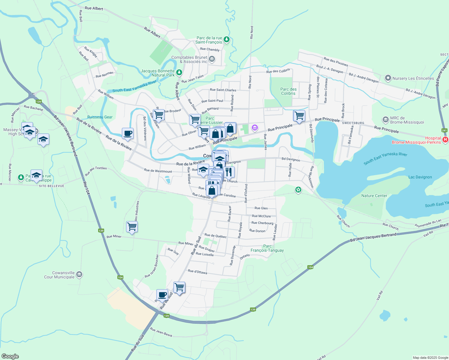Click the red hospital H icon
445,139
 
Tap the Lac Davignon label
420,177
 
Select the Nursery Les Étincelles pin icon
388,78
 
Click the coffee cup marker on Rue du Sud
162,294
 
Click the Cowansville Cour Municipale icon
79,274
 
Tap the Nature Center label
374,196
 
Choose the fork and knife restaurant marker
229,172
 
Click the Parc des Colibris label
288,91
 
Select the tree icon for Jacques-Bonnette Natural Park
179,72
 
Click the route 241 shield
444,130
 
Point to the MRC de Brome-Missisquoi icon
386,120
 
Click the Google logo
10,356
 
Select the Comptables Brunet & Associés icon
212,59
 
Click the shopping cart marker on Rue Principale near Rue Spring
299,115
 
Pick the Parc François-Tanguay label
267,248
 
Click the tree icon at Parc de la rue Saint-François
227,39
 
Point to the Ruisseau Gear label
100,117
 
